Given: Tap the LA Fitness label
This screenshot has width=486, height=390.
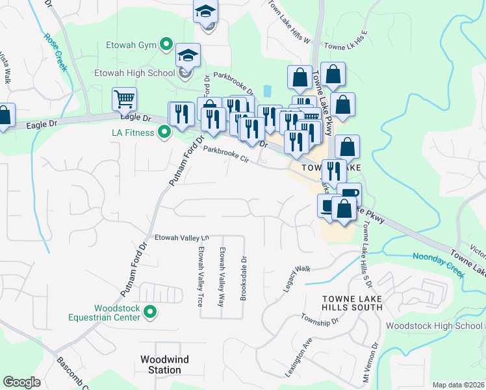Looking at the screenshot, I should (132, 133).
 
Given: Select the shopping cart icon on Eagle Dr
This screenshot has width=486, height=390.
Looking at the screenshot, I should (123, 99).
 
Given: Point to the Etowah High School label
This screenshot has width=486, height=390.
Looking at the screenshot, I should (134, 73).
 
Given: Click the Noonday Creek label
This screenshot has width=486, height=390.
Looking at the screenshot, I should (437, 266).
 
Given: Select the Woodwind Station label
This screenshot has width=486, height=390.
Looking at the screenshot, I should (161, 364).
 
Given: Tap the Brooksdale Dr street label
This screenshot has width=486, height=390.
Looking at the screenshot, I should (243, 259).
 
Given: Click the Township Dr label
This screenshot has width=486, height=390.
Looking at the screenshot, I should (320, 319).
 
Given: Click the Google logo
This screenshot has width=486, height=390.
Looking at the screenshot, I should (21, 382).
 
